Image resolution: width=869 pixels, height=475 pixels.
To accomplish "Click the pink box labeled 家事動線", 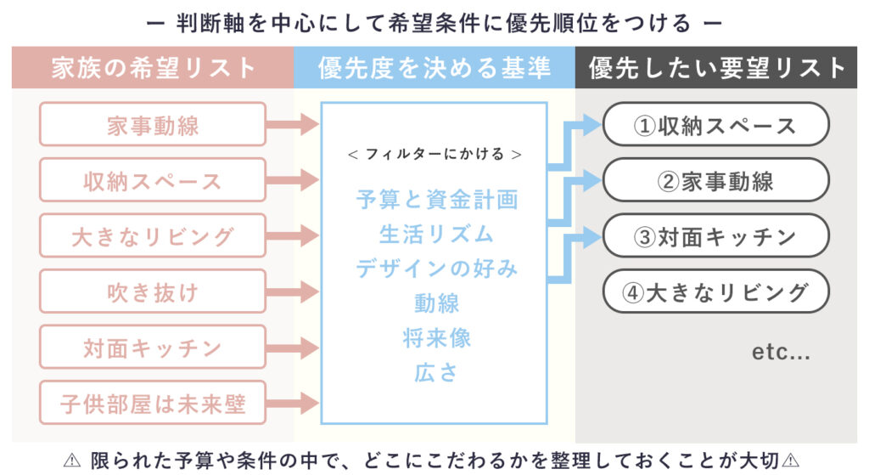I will [x=153, y=125].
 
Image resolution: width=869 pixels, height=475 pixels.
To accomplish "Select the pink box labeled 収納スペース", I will [x=153, y=180].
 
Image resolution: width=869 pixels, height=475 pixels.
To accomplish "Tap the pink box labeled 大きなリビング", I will [x=153, y=236].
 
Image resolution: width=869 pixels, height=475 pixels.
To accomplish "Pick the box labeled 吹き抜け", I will [x=153, y=292].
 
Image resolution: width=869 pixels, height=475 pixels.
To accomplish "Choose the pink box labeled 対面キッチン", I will [x=153, y=348].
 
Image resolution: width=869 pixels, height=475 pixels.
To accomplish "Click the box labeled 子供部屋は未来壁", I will [x=153, y=404].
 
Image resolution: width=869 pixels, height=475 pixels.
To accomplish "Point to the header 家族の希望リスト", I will [x=153, y=67].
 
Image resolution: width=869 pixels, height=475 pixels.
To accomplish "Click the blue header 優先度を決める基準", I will [x=434, y=67].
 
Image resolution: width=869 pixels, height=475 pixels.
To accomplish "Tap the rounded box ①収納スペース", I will [x=715, y=125].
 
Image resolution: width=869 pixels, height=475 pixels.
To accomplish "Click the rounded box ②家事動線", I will [x=715, y=180].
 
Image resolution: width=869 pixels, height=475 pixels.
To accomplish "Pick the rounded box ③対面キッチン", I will [x=715, y=236].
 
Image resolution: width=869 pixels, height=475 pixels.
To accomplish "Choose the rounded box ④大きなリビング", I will [x=715, y=292].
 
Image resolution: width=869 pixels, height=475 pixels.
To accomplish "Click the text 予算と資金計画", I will [x=436, y=200].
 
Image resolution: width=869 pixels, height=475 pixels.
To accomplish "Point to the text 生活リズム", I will [x=436, y=233].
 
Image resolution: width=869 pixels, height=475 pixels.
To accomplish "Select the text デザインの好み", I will [x=436, y=268].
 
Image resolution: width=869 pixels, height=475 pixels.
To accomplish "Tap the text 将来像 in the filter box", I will [x=436, y=337].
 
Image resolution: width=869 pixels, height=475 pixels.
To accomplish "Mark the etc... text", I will [x=781, y=351].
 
